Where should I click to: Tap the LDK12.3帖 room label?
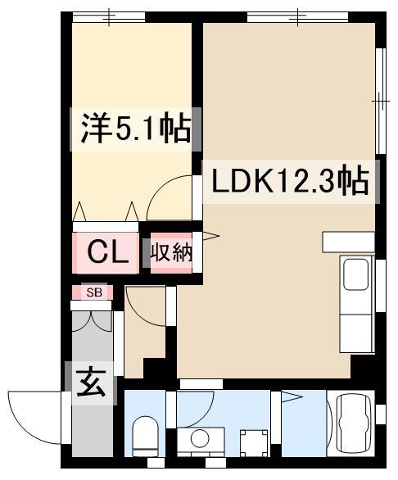pyautogui.click(x=290, y=182)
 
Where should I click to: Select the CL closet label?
pyautogui.click(x=107, y=252)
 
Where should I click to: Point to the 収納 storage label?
pyautogui.click(x=171, y=253)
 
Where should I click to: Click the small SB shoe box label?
pyautogui.click(x=94, y=292)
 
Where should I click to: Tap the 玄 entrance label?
pyautogui.click(x=91, y=383)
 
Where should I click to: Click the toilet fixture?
pyautogui.click(x=145, y=437)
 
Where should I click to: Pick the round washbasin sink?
pyautogui.click(x=200, y=438)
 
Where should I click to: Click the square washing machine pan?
pyautogui.click(x=254, y=442)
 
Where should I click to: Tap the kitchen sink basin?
pyautogui.click(x=355, y=274)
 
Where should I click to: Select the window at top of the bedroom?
pyautogui.click(x=109, y=17)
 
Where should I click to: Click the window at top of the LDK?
pyautogui.click(x=297, y=16)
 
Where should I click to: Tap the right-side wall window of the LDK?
pyautogui.click(x=381, y=101)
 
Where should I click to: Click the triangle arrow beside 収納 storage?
pyautogui.click(x=210, y=236)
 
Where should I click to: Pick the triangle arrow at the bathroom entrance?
pyautogui.click(x=292, y=397)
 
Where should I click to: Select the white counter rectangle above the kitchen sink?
pyautogui.click(x=349, y=242)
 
